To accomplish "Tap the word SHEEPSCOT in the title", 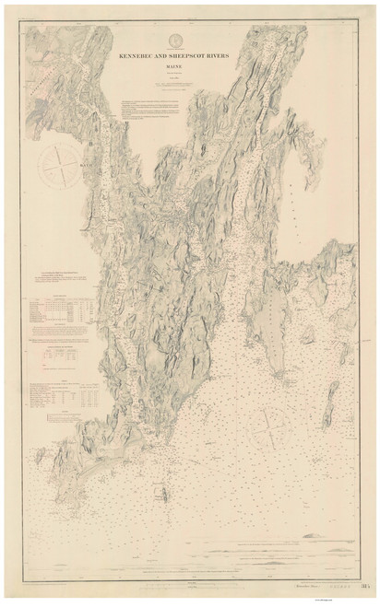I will click(192, 55).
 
